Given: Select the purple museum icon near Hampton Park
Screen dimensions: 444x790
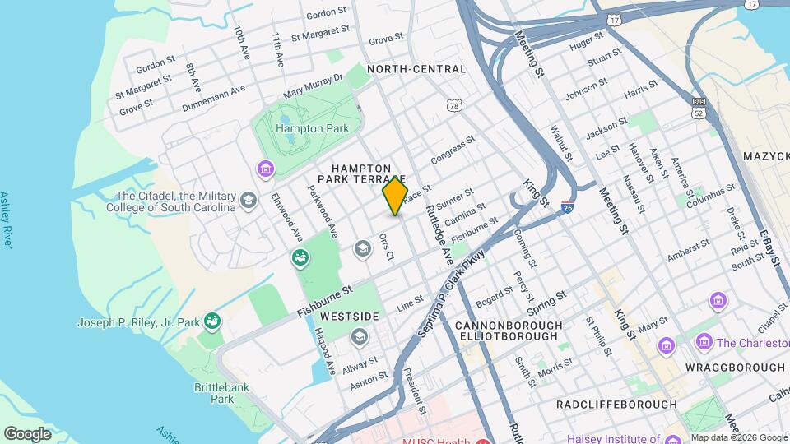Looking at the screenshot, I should tap(265, 169).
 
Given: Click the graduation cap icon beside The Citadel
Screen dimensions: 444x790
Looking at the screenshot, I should tap(248, 201).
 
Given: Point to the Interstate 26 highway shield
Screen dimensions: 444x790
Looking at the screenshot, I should tap(568, 210).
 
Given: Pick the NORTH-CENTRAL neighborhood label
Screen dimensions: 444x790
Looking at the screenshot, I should tap(416, 69).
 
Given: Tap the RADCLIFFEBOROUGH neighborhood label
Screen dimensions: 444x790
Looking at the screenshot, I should tap(616, 405).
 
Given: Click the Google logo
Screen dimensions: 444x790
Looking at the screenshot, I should tap(28, 433).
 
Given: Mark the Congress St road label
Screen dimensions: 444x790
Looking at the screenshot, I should tap(453, 148).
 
